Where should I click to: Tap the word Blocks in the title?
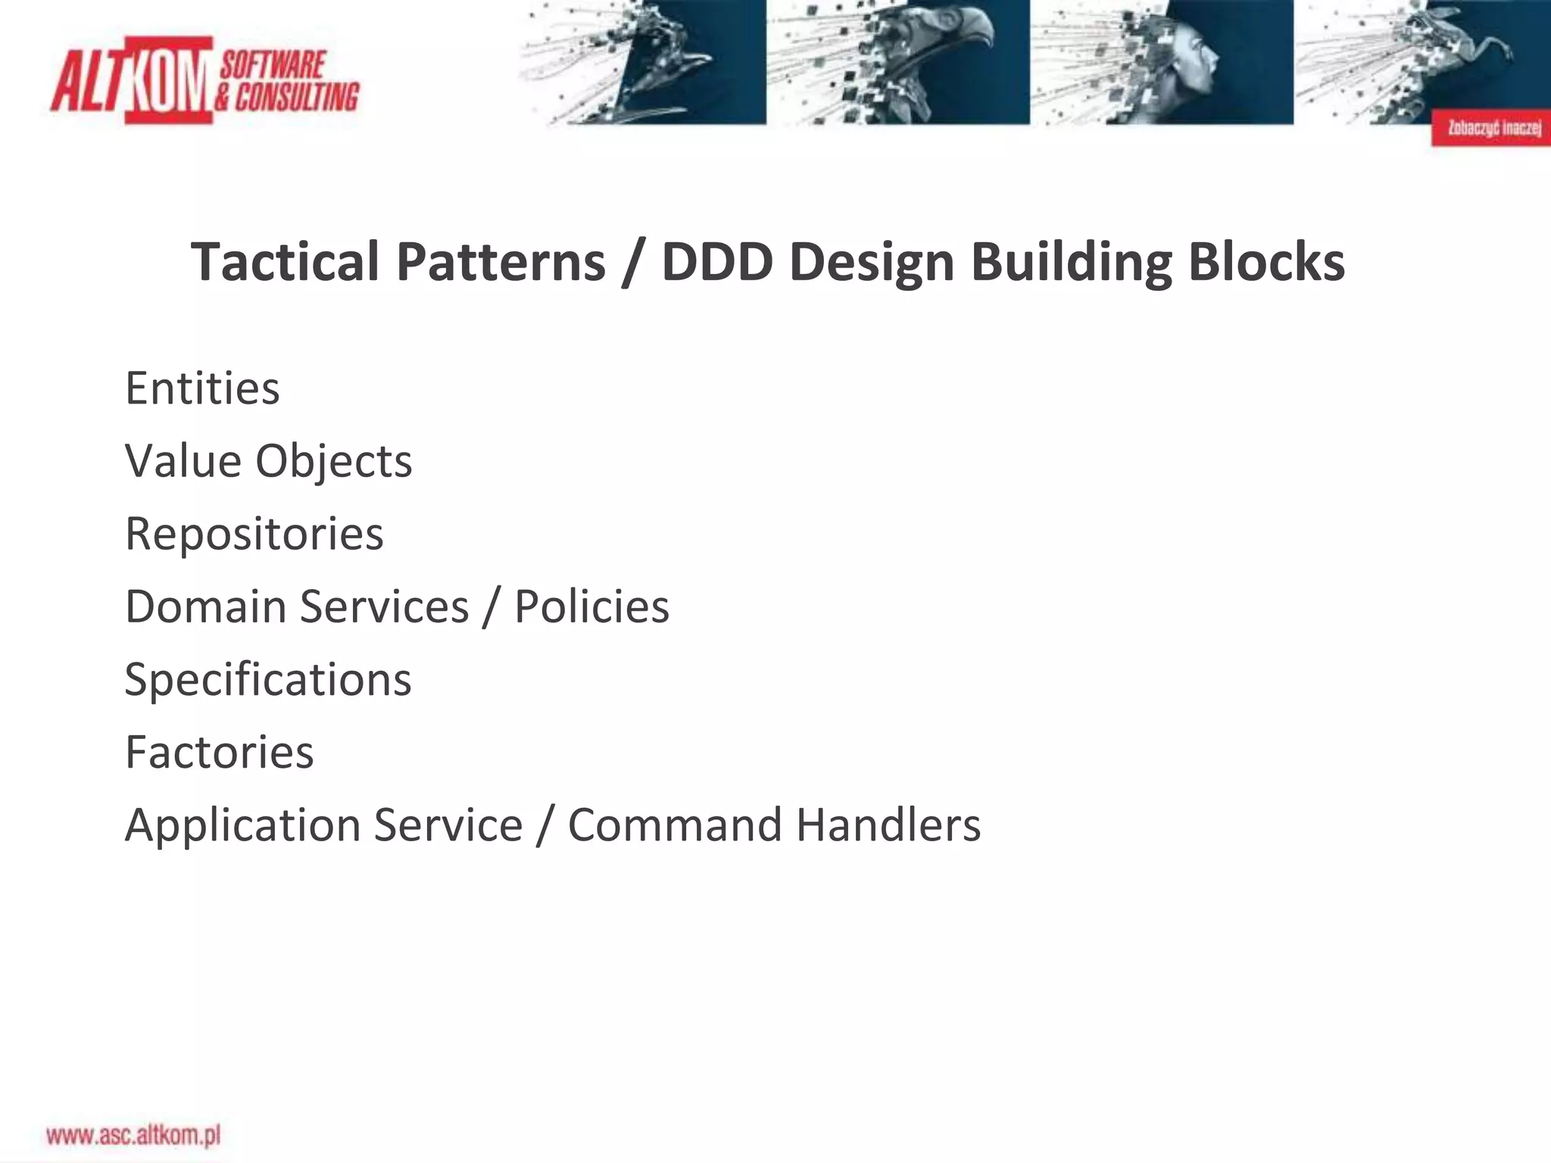[1266, 262]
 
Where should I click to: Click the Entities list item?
[202, 388]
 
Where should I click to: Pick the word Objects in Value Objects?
[333, 461]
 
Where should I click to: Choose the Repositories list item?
[254, 534]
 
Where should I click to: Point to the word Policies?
[591, 606]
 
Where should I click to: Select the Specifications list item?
[268, 679]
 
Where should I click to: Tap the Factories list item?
[220, 752]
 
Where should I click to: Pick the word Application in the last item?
[242, 825]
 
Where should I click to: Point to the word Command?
[674, 825]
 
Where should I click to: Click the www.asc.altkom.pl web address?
[133, 1135]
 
